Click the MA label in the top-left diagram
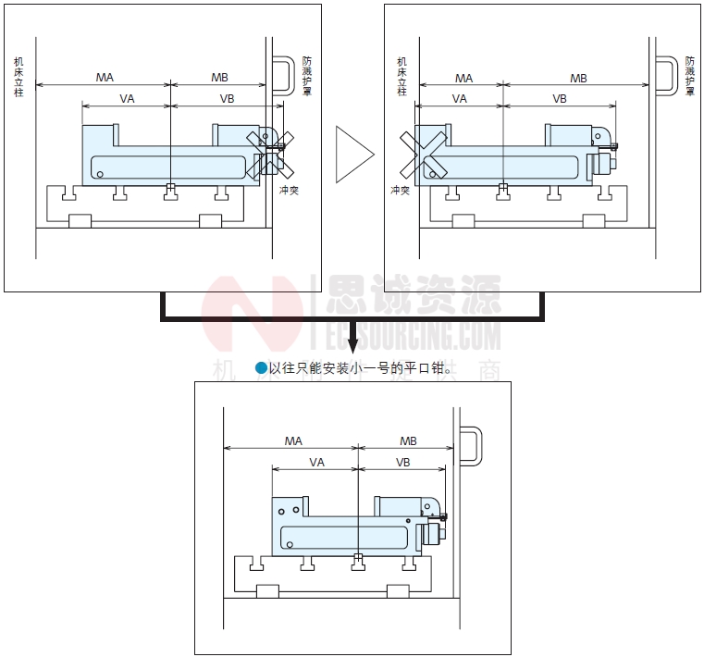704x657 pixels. (105, 78)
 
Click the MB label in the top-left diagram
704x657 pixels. (219, 78)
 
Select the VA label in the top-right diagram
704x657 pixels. (459, 98)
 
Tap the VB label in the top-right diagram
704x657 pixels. (560, 98)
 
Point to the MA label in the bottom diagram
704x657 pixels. (293, 441)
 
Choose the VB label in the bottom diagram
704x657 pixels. (403, 462)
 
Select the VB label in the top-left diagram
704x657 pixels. (227, 98)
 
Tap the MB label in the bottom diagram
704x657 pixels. (408, 441)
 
